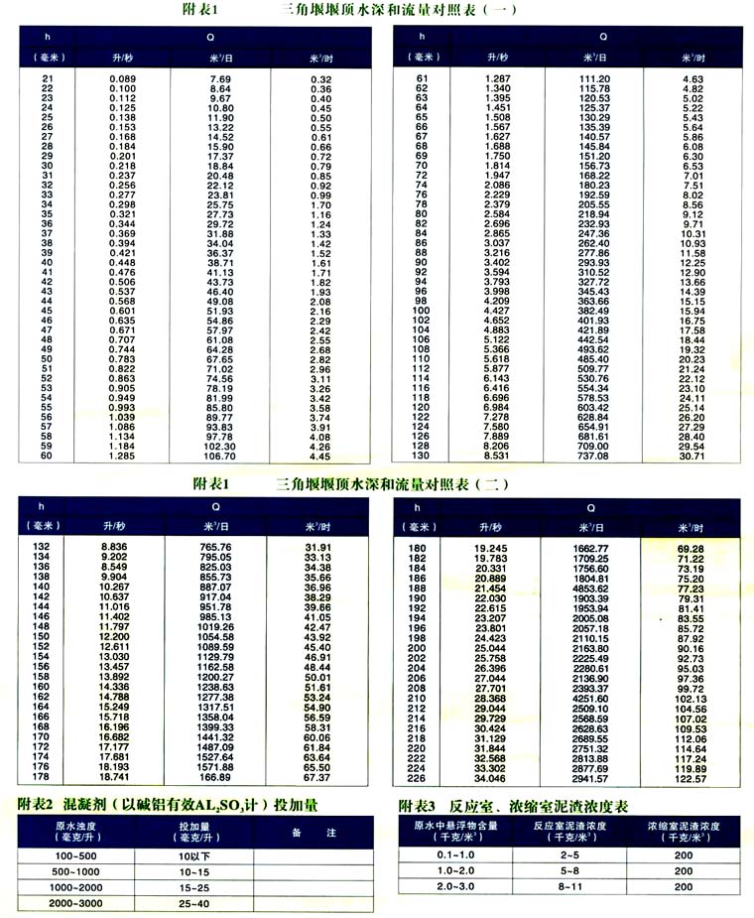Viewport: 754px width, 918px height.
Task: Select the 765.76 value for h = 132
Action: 215,547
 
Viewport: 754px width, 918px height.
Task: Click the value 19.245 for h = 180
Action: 492,548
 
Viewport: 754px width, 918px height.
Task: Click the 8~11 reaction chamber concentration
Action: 568,885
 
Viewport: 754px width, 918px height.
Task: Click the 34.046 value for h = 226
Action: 492,779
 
